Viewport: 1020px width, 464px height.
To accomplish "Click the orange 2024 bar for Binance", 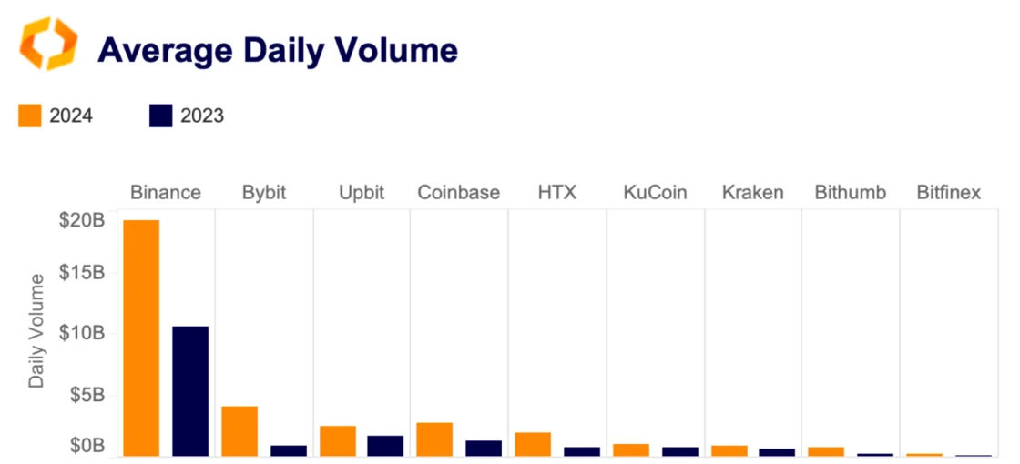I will [141, 338].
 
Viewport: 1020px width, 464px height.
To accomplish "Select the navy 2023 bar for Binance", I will [190, 390].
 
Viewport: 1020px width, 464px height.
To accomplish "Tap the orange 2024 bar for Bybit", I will [240, 430].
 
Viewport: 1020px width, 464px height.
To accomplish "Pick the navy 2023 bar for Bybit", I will [289, 449].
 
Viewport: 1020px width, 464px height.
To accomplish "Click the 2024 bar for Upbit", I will [338, 440].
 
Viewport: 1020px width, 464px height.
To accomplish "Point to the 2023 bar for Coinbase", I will [484, 448].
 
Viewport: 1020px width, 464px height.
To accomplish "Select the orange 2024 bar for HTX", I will [533, 443].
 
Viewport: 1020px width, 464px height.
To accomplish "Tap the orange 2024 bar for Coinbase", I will [434, 439].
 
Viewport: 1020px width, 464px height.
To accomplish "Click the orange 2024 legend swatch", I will [30, 116].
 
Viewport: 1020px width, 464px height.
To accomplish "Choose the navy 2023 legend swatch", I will [160, 116].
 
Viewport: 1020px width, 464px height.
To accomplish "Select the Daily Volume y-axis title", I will [36, 329].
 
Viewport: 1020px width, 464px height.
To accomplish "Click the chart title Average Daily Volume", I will [278, 50].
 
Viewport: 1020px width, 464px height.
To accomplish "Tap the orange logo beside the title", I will [49, 44].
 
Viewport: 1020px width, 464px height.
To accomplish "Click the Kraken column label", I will [753, 193].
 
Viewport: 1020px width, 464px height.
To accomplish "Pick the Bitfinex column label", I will [949, 193].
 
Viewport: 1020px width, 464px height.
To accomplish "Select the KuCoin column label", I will [655, 193].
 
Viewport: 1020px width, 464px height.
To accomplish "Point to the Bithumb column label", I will [851, 193].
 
